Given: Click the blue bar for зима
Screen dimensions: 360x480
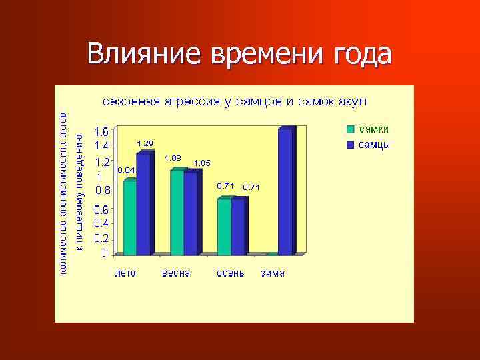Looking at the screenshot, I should click(x=285, y=192).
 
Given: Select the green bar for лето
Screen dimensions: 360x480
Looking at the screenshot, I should click(x=129, y=218).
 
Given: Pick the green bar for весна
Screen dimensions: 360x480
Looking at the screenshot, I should click(x=177, y=213).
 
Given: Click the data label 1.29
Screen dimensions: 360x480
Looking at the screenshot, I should click(x=145, y=143).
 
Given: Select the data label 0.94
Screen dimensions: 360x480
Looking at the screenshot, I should click(x=126, y=170).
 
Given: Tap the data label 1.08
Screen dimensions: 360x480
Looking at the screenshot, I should click(x=173, y=158).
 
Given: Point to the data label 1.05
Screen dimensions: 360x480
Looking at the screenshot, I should click(x=202, y=163).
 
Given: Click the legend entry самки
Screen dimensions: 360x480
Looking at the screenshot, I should click(x=375, y=129).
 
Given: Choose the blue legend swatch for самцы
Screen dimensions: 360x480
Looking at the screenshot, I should click(x=351, y=145).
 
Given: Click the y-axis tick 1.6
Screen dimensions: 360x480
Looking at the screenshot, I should click(x=102, y=131).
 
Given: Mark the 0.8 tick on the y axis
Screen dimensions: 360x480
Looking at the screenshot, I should click(x=102, y=190).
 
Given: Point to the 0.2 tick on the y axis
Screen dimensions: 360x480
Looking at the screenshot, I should click(x=102, y=238).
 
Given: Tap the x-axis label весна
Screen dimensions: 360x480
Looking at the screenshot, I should click(x=176, y=273).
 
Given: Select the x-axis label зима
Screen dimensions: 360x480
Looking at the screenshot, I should click(x=273, y=273).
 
